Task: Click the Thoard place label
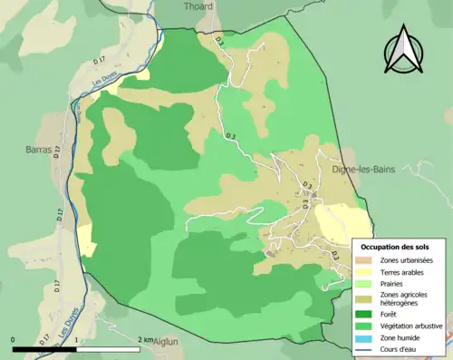click(198, 6)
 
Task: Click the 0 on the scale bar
click(14, 340)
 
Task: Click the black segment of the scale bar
click(44, 348)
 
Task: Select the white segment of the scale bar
click(109, 348)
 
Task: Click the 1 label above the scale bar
click(77, 340)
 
